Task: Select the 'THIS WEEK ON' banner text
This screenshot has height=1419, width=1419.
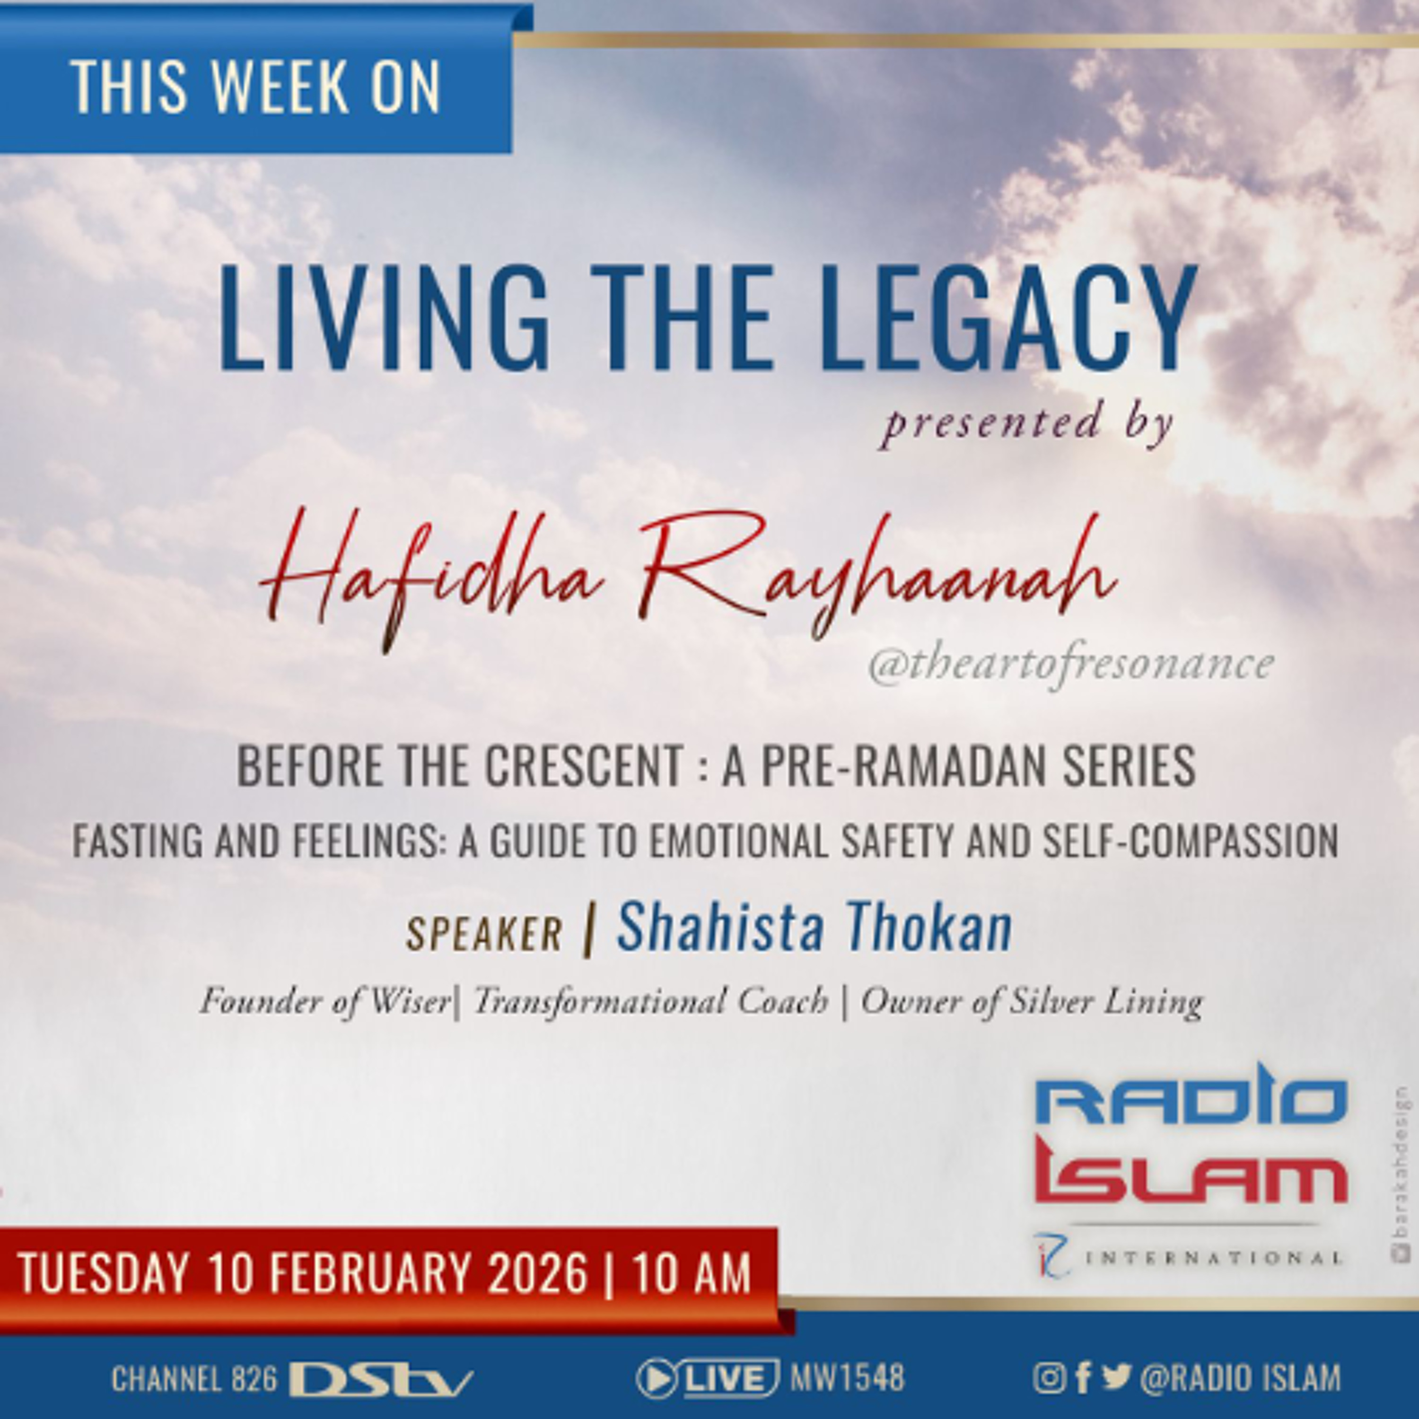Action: pos(255,87)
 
